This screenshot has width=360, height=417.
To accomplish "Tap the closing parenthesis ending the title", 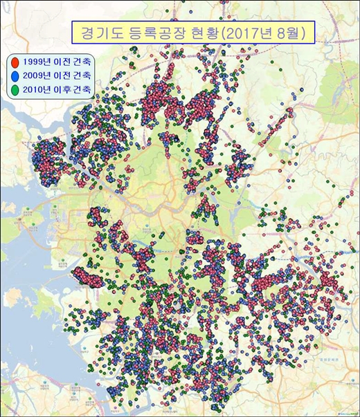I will point(303,33).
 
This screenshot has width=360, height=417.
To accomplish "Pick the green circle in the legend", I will point(15,89).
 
